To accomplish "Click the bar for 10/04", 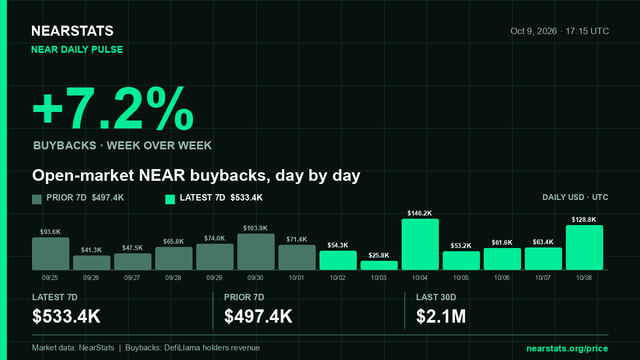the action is click(x=420, y=244).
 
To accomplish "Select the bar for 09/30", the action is click(x=256, y=251).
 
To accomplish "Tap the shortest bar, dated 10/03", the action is click(x=379, y=265).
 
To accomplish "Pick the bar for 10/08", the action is click(x=584, y=247).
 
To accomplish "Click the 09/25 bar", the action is click(x=51, y=253).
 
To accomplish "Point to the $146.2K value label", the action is click(x=420, y=213).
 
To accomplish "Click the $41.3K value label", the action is click(x=91, y=250).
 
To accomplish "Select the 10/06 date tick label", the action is click(x=502, y=278).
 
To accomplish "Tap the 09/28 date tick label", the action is click(x=173, y=278).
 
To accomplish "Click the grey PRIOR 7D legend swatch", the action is click(x=37, y=199).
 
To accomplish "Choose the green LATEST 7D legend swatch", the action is click(x=170, y=199).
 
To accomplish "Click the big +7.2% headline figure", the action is click(x=113, y=109).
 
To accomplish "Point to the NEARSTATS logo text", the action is click(x=72, y=31).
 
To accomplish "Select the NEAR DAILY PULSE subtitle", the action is click(x=77, y=49).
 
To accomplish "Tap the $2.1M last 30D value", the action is click(x=441, y=316).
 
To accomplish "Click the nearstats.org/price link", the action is click(x=567, y=349).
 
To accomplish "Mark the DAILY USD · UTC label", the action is click(x=575, y=197).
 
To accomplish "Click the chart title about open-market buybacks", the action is click(x=196, y=176).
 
